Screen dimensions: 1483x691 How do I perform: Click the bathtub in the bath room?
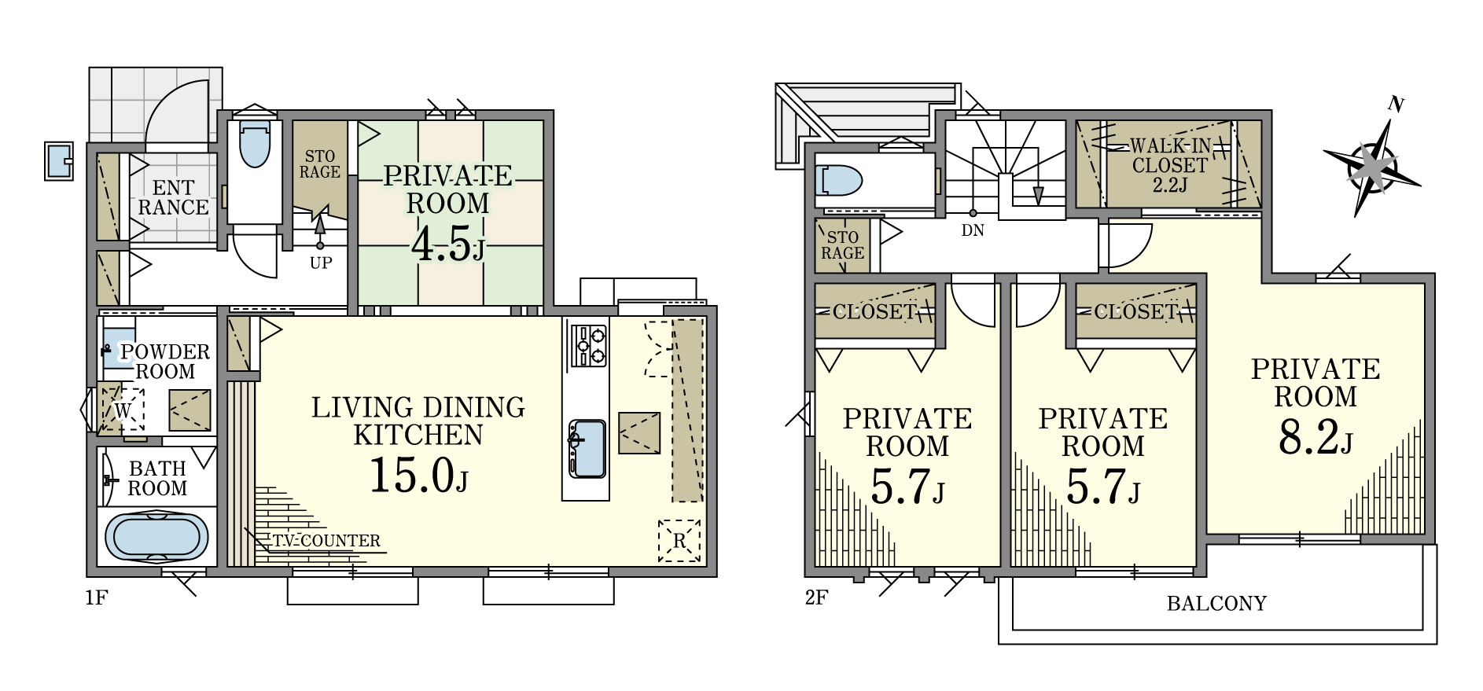(156, 537)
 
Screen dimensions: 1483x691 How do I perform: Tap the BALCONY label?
(1216, 604)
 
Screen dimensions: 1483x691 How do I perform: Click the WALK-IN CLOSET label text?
(1169, 165)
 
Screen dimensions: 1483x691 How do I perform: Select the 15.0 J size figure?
(418, 476)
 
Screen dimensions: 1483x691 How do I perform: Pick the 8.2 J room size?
(1316, 437)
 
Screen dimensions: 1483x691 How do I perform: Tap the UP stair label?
(321, 263)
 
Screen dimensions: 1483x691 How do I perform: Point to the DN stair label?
(973, 231)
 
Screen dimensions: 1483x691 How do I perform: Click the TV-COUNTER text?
(326, 541)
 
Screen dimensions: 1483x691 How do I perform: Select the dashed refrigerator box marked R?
(679, 540)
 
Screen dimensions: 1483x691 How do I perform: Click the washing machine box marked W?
(123, 409)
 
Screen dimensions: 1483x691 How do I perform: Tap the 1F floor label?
(96, 597)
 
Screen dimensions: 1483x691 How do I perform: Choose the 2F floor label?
(816, 597)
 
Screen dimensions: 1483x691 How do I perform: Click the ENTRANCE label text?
(173, 197)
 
